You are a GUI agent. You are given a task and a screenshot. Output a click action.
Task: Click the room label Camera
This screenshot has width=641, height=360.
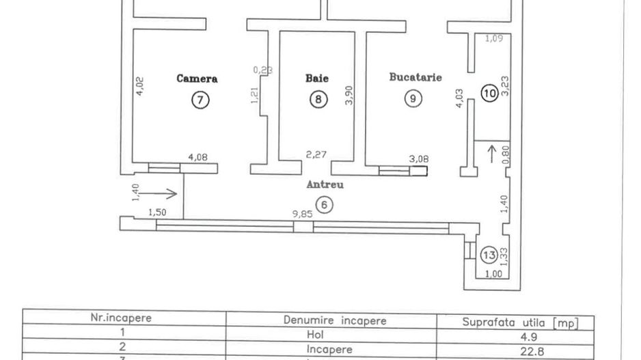[x=197, y=79]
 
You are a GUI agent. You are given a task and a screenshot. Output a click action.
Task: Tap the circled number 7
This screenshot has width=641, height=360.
[x=200, y=100]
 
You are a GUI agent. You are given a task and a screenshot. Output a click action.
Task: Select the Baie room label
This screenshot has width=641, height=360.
[x=316, y=79]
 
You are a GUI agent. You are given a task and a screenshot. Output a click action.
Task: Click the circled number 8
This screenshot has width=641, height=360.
[x=319, y=100]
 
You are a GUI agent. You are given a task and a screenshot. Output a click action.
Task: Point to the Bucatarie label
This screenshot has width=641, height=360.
[x=415, y=77]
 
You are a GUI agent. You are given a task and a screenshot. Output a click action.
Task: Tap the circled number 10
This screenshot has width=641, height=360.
[x=489, y=94]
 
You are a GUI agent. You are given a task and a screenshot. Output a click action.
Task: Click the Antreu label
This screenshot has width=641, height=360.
[x=325, y=184]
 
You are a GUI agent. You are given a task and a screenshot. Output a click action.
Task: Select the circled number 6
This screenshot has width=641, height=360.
[x=325, y=204]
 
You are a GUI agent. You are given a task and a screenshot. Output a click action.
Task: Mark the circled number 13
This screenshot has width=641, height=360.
[x=489, y=255]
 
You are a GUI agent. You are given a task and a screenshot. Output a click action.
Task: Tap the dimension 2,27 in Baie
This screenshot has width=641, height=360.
[x=315, y=154]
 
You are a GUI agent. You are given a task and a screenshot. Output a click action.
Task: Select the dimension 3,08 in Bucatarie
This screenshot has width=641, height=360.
[x=418, y=159]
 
